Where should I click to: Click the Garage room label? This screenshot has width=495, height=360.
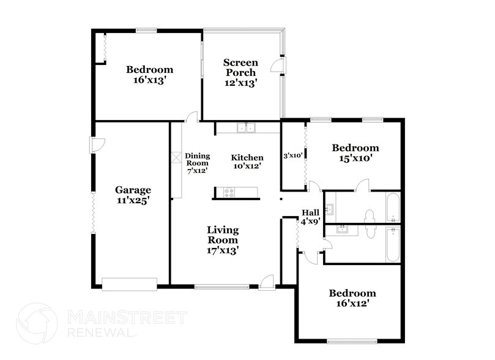point(133,195)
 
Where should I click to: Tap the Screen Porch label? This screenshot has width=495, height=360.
point(240,72)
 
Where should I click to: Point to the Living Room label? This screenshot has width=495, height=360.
point(222,239)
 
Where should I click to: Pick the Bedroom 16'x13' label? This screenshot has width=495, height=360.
point(149,74)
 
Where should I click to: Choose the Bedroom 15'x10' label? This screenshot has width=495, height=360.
point(355,152)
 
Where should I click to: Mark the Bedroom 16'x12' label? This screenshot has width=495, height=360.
point(352,298)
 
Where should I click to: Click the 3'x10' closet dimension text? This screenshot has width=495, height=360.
point(292,156)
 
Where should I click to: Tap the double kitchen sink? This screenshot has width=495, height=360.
point(248,129)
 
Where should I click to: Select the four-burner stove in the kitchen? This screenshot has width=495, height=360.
point(229,193)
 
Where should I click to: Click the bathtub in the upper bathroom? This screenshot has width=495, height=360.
point(393,208)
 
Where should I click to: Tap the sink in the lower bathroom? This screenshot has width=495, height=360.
point(343,230)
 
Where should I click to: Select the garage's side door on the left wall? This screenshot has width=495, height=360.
point(98,144)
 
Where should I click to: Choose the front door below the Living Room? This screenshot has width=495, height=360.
point(266,282)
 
